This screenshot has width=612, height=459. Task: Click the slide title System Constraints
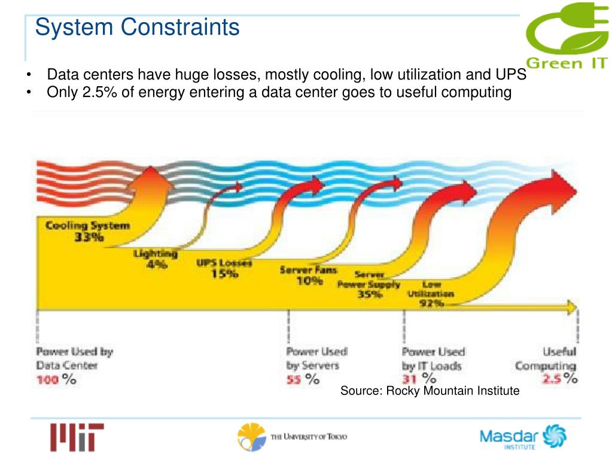(x=137, y=27)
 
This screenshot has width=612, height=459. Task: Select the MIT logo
(x=77, y=437)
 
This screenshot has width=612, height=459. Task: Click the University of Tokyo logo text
(x=308, y=437)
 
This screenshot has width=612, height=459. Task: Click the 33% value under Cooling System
(x=89, y=238)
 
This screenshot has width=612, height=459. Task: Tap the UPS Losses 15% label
(x=224, y=268)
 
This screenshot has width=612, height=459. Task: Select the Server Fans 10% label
(x=309, y=275)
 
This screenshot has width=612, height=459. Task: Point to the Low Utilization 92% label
(x=431, y=294)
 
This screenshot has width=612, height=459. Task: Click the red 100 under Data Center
(x=48, y=379)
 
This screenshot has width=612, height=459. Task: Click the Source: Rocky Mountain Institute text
(x=430, y=391)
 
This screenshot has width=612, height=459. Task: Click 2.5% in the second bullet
(x=100, y=93)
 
